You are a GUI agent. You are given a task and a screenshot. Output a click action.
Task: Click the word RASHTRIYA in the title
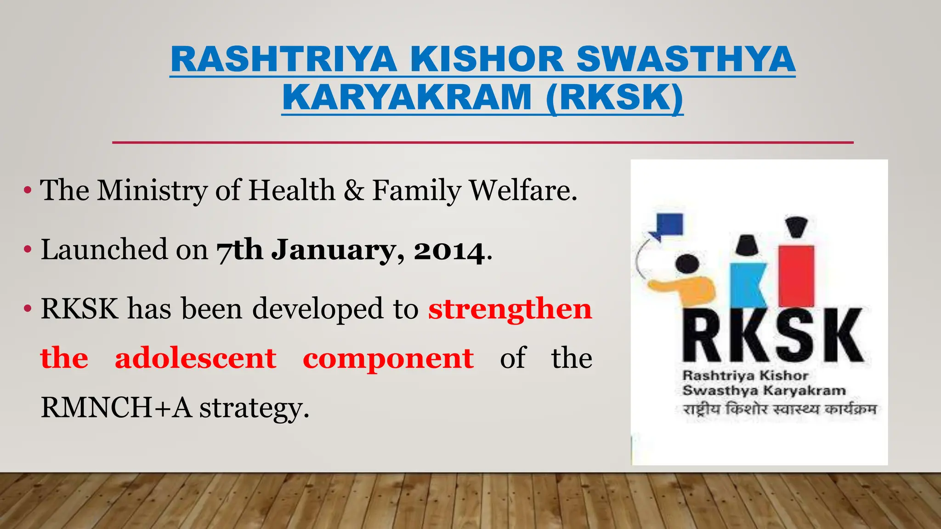click(283, 60)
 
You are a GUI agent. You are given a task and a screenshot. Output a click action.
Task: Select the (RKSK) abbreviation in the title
click(614, 98)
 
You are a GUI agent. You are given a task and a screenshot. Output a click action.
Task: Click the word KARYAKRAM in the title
click(407, 98)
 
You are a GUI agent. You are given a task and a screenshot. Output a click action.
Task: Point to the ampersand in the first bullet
click(354, 191)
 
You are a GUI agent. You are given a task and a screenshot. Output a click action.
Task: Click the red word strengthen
click(510, 309)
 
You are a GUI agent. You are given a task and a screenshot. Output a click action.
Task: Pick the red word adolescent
click(195, 358)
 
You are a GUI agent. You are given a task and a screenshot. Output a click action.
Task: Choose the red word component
click(388, 358)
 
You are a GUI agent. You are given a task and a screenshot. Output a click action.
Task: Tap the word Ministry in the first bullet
click(152, 191)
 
